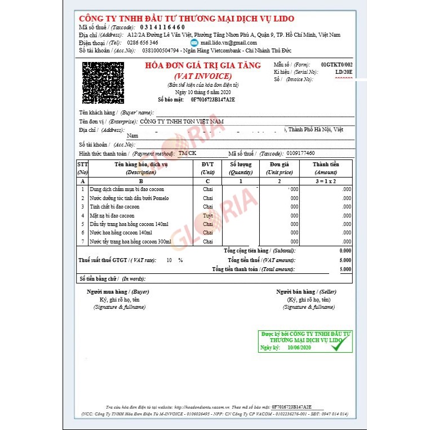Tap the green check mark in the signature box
[337, 347]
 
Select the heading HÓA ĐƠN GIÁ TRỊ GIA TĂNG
[203, 65]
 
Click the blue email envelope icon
[194, 42]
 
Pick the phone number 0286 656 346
[142, 42]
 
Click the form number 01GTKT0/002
[336, 65]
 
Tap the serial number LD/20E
[343, 72]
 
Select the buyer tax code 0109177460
[300, 153]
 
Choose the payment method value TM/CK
[187, 153]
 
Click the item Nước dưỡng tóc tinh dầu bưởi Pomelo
[129, 198]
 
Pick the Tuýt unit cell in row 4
[207, 216]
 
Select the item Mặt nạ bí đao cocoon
[112, 216]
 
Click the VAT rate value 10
[169, 260]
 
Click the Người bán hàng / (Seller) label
[306, 292]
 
